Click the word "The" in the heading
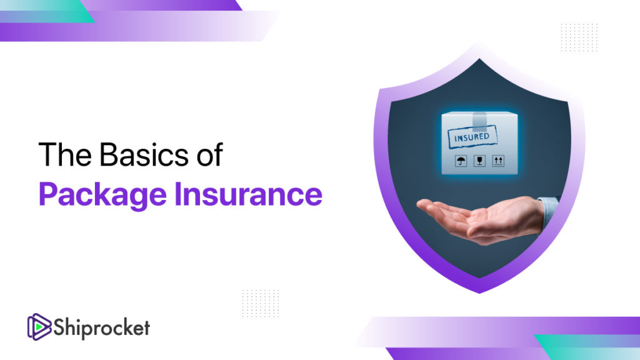click(x=59, y=154)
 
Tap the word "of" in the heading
click(x=206, y=154)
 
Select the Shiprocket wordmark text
click(x=101, y=327)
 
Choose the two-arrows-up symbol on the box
click(x=497, y=160)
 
